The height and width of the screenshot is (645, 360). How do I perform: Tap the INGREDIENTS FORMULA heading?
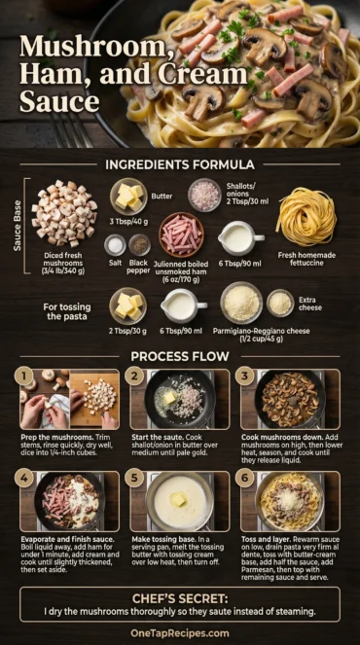180,164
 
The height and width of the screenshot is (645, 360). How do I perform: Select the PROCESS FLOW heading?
180,356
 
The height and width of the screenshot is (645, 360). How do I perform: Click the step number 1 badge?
20,376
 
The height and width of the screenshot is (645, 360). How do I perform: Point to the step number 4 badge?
20,478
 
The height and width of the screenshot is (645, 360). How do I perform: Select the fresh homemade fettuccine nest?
305,215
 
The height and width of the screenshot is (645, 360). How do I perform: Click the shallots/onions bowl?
204,195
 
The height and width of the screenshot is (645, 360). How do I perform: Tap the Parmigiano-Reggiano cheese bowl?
240,303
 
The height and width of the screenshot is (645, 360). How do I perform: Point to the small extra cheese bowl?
280,303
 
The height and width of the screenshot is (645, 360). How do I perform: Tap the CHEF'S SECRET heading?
180,594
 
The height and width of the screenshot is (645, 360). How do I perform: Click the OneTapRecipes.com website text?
180,631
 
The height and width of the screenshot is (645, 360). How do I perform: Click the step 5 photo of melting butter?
179,501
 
